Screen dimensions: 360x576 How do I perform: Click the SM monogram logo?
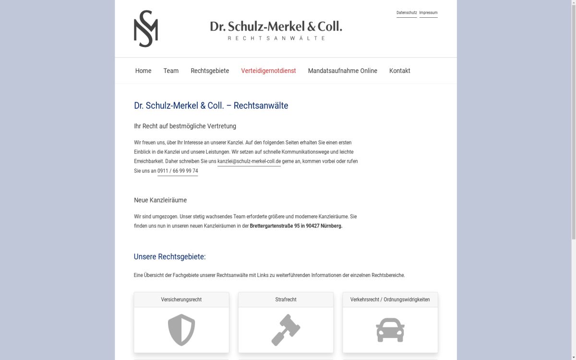coord(146,29)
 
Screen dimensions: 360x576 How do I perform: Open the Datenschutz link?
coord(407,13)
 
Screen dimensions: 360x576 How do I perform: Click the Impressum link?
coord(428,13)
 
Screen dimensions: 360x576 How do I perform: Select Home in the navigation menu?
coord(143,71)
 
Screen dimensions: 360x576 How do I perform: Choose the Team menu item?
coord(171,71)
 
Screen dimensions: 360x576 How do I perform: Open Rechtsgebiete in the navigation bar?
coord(210,71)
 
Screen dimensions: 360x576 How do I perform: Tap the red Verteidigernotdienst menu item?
coord(268,71)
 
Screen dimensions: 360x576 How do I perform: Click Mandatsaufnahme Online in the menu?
coord(342,71)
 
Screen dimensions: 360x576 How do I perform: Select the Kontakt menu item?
coord(399,71)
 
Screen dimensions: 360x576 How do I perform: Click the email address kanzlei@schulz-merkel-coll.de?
coord(249,161)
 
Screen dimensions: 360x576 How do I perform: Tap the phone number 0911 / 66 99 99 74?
coord(178,171)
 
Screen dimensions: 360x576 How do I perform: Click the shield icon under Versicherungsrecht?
coord(181,330)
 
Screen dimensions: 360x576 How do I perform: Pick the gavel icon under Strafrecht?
coord(286,330)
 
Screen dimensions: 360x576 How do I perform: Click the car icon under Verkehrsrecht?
coord(390,330)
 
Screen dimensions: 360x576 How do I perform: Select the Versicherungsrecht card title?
coord(181,300)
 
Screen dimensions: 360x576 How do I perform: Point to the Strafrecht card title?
coord(286,300)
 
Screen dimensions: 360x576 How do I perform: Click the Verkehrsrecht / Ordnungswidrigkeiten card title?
coord(390,300)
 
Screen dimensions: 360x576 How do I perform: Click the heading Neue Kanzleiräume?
coord(160,200)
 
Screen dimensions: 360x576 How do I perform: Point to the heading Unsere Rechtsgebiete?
coord(169,257)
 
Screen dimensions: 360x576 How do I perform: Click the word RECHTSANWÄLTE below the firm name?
coord(276,38)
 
